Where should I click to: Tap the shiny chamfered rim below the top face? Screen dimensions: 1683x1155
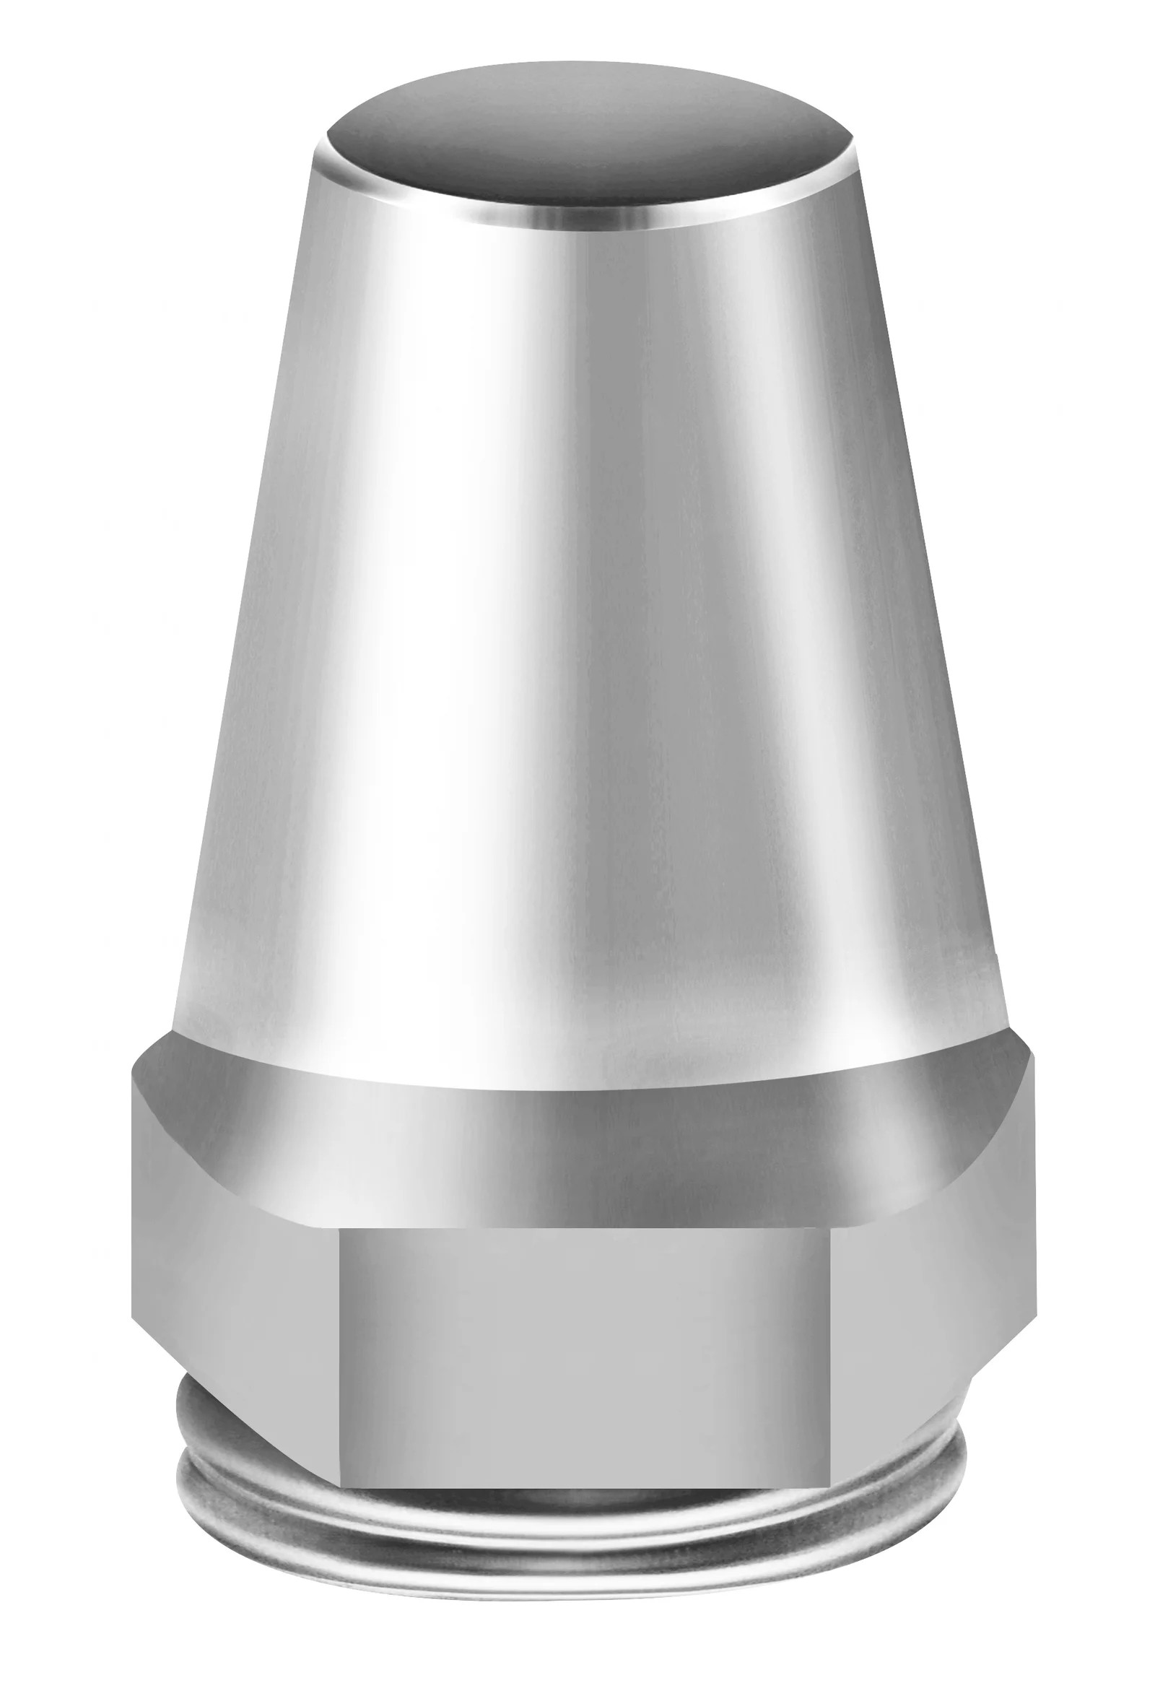point(587,213)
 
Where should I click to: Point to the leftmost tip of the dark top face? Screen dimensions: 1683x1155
point(328,138)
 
